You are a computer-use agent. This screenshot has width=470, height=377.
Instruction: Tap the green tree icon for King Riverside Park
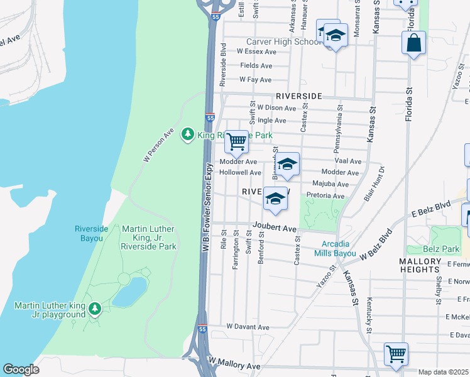tap(187, 134)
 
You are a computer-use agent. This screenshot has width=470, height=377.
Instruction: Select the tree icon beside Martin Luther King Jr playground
tap(94, 309)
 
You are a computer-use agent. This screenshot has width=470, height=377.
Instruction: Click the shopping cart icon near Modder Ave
tap(236, 142)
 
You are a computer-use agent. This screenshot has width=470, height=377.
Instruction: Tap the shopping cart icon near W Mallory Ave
tap(396, 354)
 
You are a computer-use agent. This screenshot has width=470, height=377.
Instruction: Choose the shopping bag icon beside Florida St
tap(413, 43)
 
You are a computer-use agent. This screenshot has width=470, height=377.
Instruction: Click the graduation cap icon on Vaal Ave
tap(287, 165)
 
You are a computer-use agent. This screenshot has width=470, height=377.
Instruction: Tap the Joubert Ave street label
tap(274, 228)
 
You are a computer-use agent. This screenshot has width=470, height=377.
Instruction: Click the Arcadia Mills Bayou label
tap(339, 248)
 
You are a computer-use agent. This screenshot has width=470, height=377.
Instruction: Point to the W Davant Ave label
tap(248, 327)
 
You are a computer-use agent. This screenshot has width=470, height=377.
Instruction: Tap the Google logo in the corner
tap(21, 369)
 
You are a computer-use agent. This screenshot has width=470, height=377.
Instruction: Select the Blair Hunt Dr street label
tap(378, 183)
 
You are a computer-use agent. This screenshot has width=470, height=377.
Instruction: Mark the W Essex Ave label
tap(256, 52)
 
